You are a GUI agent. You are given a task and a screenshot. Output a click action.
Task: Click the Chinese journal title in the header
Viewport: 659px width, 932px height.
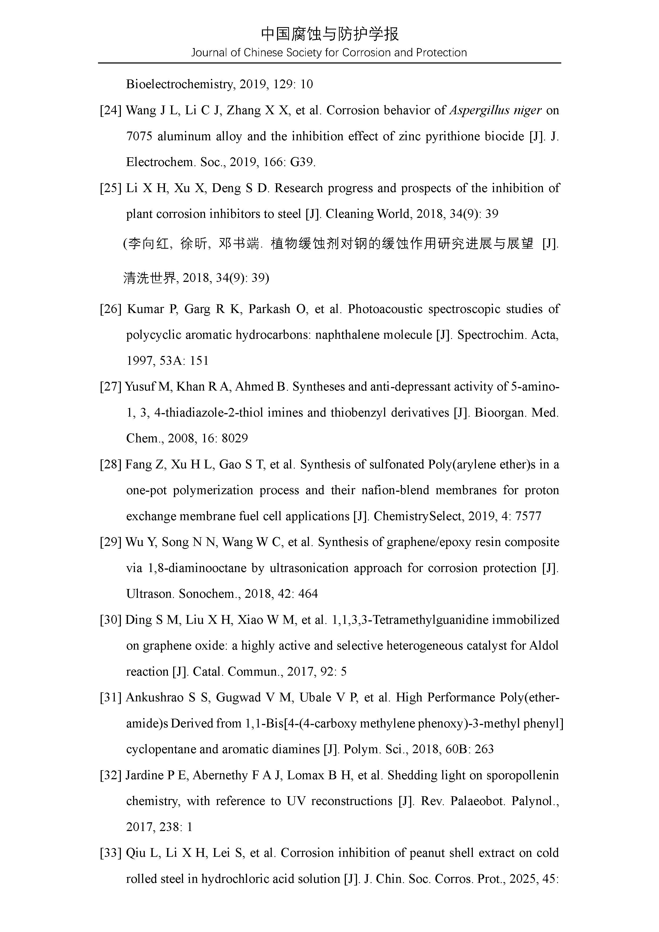pyautogui.click(x=329, y=34)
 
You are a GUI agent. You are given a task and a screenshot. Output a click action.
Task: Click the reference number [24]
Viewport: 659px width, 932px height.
pyautogui.click(x=111, y=111)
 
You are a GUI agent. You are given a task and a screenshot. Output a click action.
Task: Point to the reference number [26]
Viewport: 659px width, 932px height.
pyautogui.click(x=111, y=309)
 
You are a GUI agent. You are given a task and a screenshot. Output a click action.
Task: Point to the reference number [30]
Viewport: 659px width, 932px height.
pyautogui.click(x=111, y=620)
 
